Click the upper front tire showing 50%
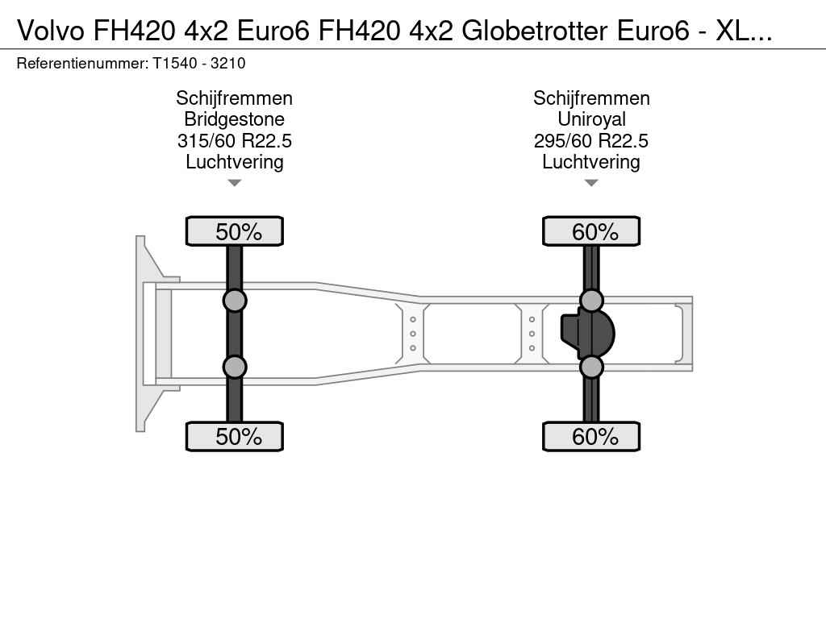pos(235,231)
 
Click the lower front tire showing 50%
pos(235,436)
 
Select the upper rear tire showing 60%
pos(591,231)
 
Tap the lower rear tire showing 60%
pos(591,436)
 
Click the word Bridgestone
pos(235,119)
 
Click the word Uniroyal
pos(591,119)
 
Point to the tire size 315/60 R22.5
pos(235,141)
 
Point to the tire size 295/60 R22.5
pos(591,141)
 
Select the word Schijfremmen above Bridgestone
pos(235,98)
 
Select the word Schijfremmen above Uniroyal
pos(591,98)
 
